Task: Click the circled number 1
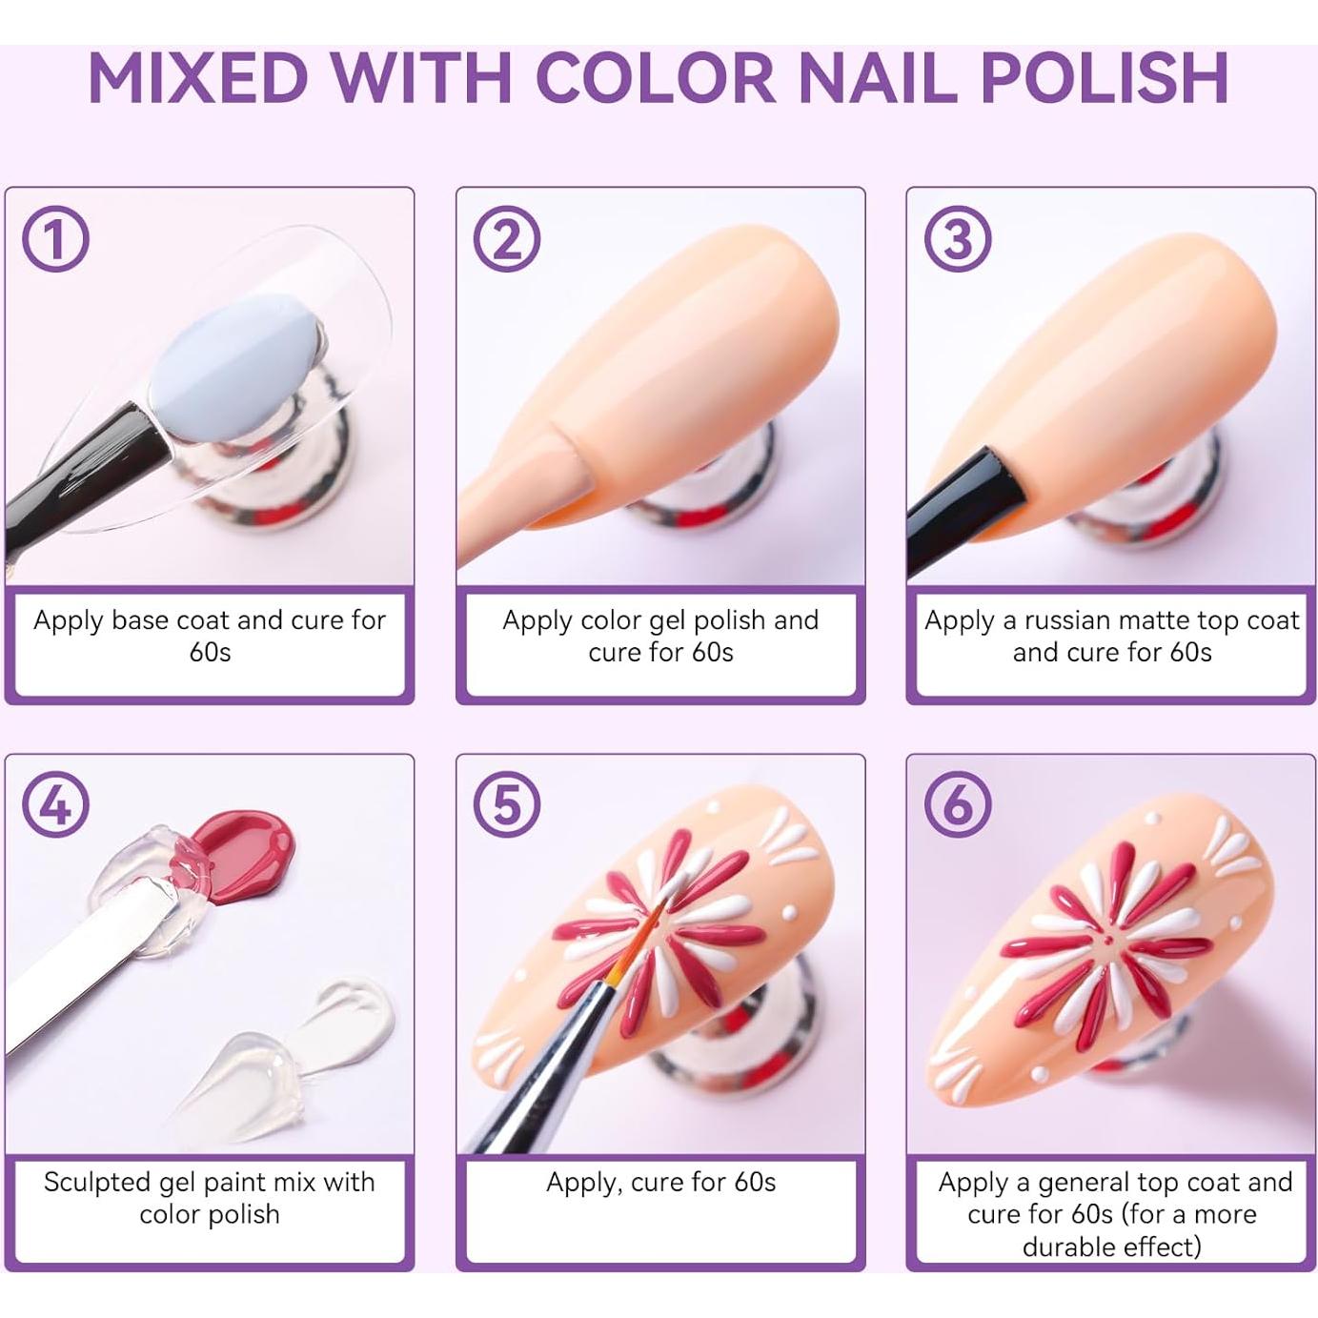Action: tap(55, 238)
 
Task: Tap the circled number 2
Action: tap(506, 238)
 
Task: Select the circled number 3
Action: tap(957, 238)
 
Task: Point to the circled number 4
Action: tap(55, 803)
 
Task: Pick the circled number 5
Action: tap(506, 803)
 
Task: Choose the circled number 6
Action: tap(957, 803)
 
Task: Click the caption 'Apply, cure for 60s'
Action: tap(660, 1183)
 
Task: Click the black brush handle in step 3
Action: tap(963, 510)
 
